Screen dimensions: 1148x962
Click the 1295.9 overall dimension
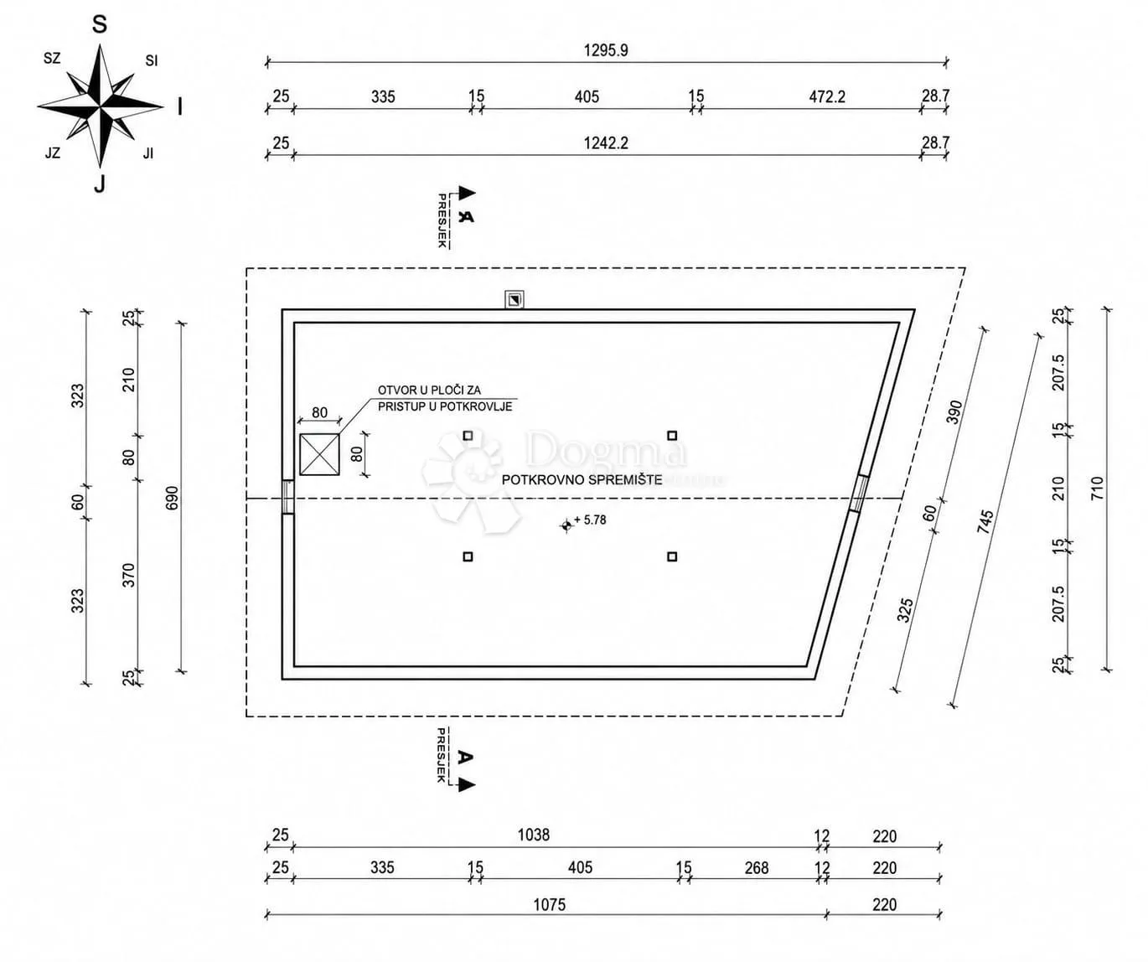click(x=605, y=50)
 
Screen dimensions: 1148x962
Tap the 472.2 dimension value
click(x=826, y=96)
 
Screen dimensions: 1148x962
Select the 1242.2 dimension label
click(x=605, y=143)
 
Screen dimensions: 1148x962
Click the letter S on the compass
click(x=100, y=24)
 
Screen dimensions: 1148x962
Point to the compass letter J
click(x=100, y=184)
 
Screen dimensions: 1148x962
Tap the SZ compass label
click(x=52, y=59)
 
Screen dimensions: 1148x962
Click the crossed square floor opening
click(x=319, y=454)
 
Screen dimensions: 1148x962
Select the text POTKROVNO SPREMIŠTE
click(x=582, y=480)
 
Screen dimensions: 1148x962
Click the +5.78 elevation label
click(x=590, y=520)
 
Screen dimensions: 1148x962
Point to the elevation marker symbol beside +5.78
click(x=566, y=526)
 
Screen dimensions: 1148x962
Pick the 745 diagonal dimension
click(x=985, y=522)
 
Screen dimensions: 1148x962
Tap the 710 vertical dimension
click(x=1096, y=489)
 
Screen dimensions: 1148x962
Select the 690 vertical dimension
click(x=172, y=498)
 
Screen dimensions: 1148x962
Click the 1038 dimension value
click(x=533, y=835)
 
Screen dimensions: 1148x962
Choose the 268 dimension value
click(x=756, y=867)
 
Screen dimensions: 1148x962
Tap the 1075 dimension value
click(x=549, y=904)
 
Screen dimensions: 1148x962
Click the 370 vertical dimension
click(x=128, y=575)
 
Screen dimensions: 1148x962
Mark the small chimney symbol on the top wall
click(x=514, y=300)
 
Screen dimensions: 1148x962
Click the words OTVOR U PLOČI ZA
click(x=429, y=390)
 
